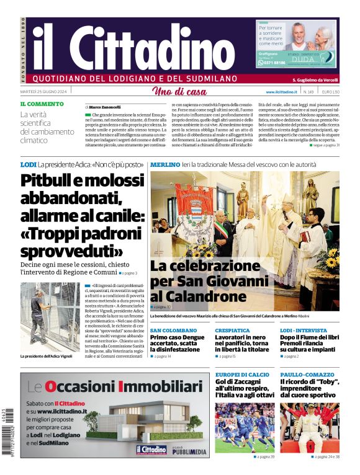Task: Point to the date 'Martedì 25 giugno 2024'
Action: click(44, 91)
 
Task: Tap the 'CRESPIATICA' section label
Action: click(232, 331)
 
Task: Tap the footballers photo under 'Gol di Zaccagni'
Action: click(245, 428)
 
